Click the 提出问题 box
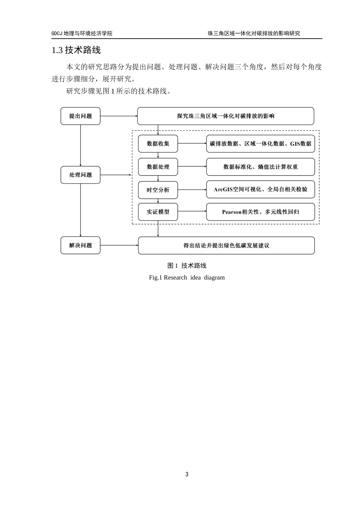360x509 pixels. [80, 116]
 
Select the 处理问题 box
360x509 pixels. [80, 175]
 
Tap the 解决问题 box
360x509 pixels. [80, 245]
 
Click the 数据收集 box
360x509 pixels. [158, 144]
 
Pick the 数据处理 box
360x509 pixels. [158, 167]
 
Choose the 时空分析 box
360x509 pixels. [158, 190]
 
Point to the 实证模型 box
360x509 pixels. [158, 212]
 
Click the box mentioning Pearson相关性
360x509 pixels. [260, 212]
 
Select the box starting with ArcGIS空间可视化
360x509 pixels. [260, 189]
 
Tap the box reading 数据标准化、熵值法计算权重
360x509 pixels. [260, 167]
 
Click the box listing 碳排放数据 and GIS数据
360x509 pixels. [260, 144]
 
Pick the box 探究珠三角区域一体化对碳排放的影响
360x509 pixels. [225, 116]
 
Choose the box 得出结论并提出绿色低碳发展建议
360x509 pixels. [226, 245]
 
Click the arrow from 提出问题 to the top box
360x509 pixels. [119, 116]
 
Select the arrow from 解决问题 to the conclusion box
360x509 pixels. [119, 245]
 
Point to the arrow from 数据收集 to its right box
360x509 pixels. [192, 144]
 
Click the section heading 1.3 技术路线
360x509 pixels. [76, 50]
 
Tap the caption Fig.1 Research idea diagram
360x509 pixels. [187, 278]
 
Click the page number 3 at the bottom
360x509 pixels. [187, 475]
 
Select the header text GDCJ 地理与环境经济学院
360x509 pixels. [82, 33]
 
